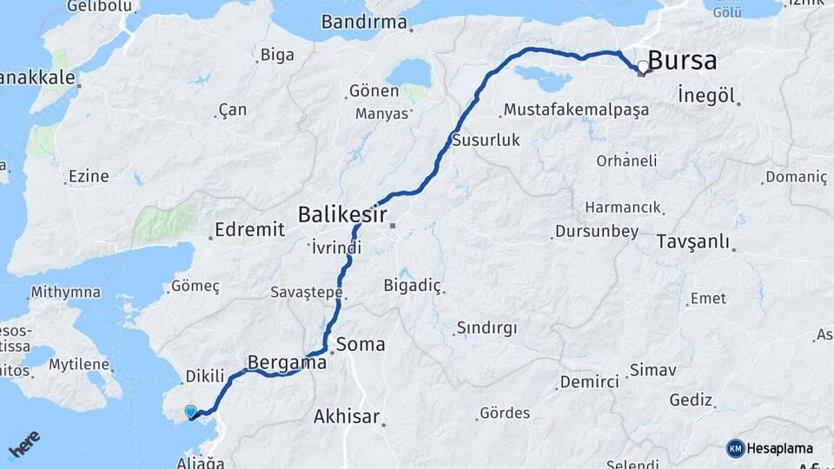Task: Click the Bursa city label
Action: [683, 61]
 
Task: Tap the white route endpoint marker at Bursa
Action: [643, 67]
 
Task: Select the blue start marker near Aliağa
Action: [191, 411]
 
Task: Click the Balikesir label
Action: [342, 213]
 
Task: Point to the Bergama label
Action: [287, 361]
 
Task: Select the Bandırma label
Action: [365, 23]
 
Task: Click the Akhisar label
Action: [347, 417]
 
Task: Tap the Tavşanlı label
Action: [692, 241]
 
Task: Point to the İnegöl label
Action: [706, 95]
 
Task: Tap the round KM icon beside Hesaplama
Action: [735, 448]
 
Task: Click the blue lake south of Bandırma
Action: [408, 73]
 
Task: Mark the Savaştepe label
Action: [306, 293]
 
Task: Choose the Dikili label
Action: [205, 377]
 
